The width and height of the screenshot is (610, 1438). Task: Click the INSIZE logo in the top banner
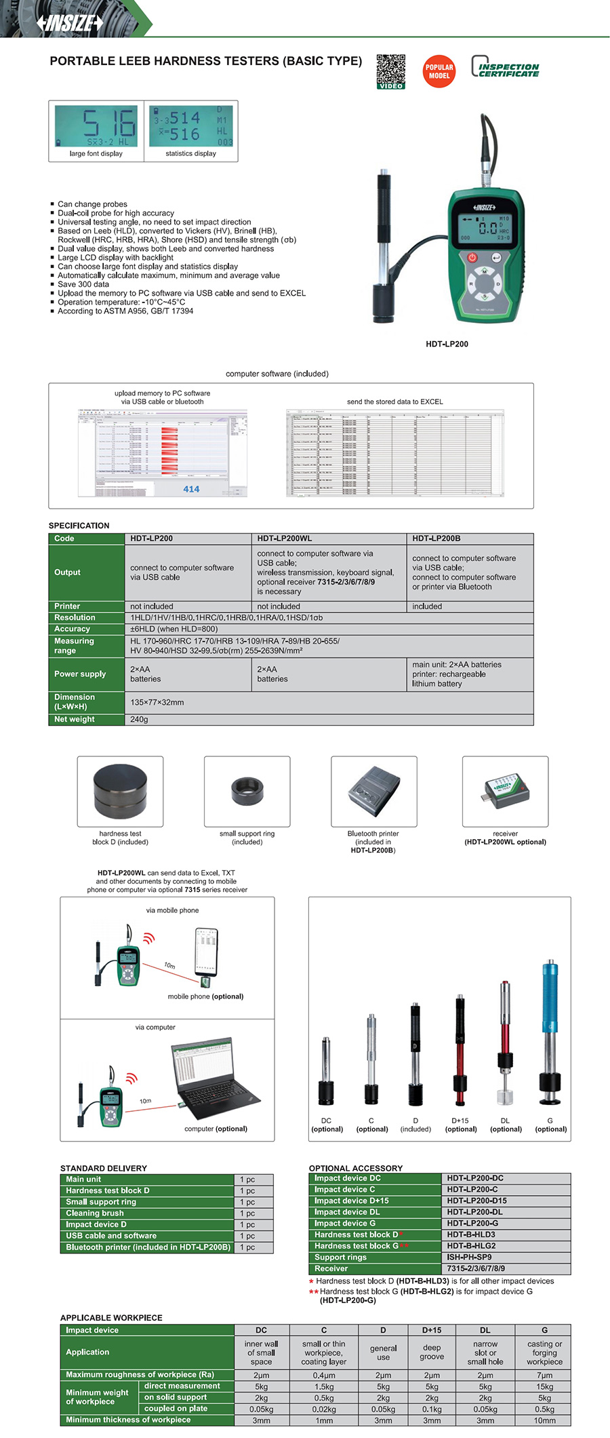pyautogui.click(x=69, y=22)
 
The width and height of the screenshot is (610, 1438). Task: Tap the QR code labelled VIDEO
pyautogui.click(x=391, y=71)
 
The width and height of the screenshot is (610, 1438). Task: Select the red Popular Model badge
pyautogui.click(x=439, y=71)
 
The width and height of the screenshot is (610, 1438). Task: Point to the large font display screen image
pyautogui.click(x=96, y=126)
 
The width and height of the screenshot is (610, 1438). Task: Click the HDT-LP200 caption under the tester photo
pyautogui.click(x=447, y=344)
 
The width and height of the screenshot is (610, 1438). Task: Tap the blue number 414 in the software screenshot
pyautogui.click(x=191, y=489)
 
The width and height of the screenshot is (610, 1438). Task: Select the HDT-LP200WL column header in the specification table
pyautogui.click(x=285, y=539)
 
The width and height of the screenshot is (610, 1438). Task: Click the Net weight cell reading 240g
pyautogui.click(x=140, y=719)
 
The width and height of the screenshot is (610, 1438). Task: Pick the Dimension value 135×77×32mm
pyautogui.click(x=157, y=702)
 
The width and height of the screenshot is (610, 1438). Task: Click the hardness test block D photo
pyautogui.click(x=120, y=791)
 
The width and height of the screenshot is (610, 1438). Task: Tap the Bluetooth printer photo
pyautogui.click(x=373, y=791)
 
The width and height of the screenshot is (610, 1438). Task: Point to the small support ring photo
pyautogui.click(x=247, y=791)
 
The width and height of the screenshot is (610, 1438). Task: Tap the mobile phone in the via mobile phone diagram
pyautogui.click(x=206, y=953)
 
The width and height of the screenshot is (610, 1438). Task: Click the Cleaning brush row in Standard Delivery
pyautogui.click(x=95, y=1213)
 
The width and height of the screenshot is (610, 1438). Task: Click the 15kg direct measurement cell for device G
pyautogui.click(x=544, y=1386)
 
